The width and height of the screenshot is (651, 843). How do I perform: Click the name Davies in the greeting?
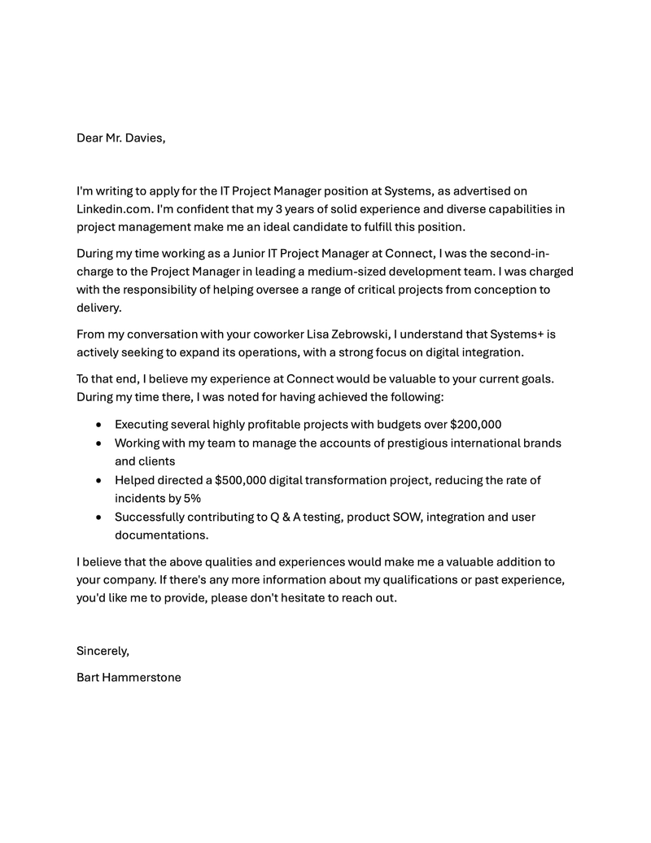pyautogui.click(x=143, y=138)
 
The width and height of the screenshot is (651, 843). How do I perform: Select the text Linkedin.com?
pyautogui.click(x=114, y=208)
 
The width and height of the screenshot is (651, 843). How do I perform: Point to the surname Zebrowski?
pyautogui.click(x=356, y=334)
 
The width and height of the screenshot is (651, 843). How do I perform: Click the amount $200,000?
pyautogui.click(x=475, y=424)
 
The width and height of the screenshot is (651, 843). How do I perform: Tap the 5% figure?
pyautogui.click(x=192, y=498)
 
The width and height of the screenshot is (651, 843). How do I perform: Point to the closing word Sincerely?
pyautogui.click(x=103, y=650)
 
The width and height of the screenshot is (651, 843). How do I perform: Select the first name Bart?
pyautogui.click(x=87, y=677)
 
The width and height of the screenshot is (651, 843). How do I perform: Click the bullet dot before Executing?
pyautogui.click(x=98, y=425)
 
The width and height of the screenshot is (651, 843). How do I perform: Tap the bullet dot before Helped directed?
pyautogui.click(x=98, y=481)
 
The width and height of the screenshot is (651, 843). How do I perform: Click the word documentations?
pyautogui.click(x=161, y=535)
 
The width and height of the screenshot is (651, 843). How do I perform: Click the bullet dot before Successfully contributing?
pyautogui.click(x=98, y=518)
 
